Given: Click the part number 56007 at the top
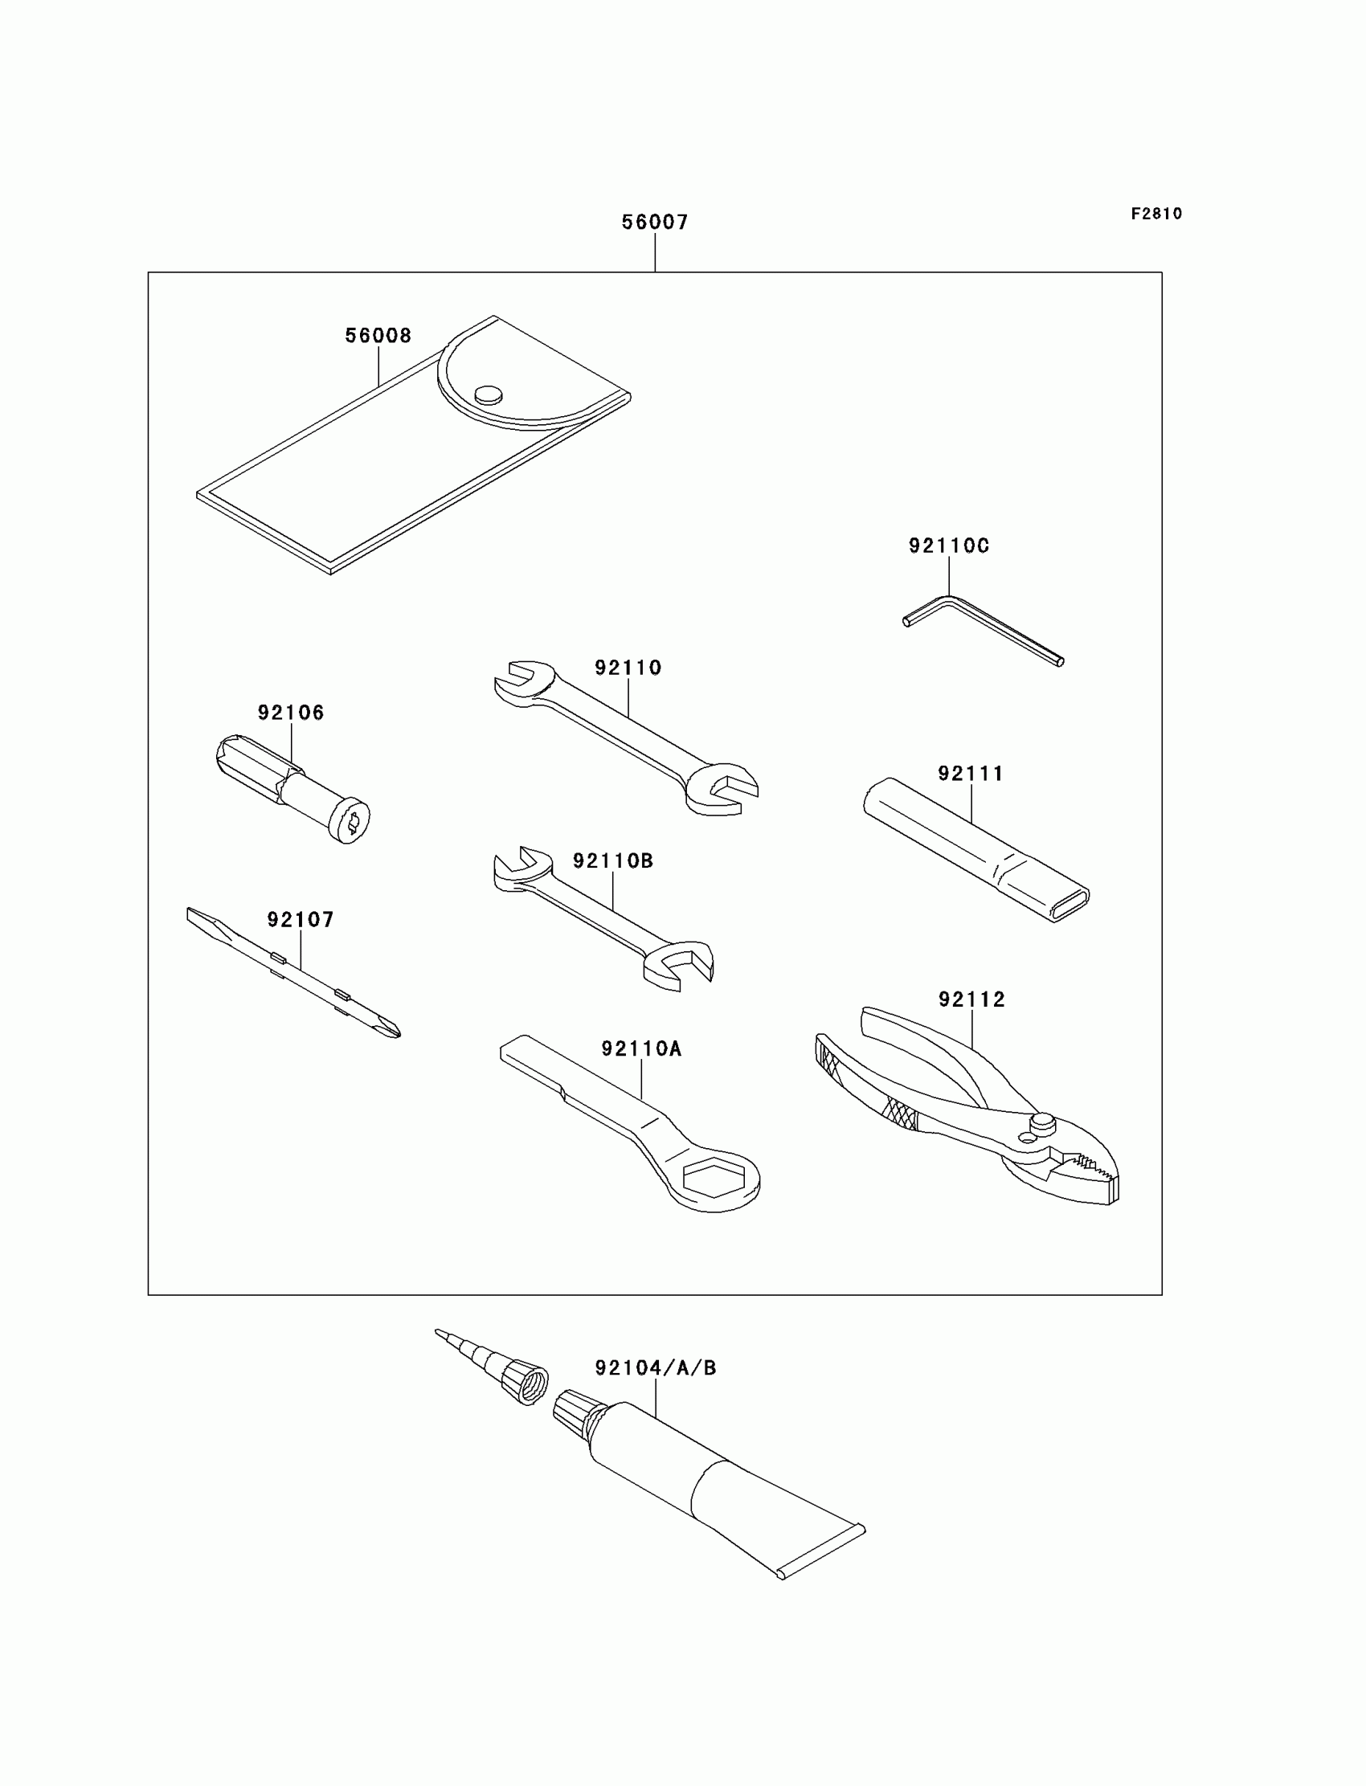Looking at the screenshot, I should coord(655,222).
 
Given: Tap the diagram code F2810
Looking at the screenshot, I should coord(1156,214).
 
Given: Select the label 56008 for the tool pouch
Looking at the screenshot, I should coord(378,336).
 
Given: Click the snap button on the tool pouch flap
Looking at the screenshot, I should coord(488,394).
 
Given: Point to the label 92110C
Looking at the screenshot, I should coord(949,546).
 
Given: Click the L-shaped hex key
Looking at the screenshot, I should coord(984,629).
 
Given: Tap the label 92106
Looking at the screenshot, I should coord(291,713).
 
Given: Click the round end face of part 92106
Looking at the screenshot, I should coord(351,824).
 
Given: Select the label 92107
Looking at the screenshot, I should coord(301,919).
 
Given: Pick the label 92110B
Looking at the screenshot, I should coord(613,861).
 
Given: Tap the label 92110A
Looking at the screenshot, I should coord(641,1048).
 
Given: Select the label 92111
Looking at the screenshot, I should coord(971,773).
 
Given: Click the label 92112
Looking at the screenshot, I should coord(971,999).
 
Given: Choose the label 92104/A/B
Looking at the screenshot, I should coord(656,1368).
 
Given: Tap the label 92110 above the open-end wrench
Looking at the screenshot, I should coord(628,668).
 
